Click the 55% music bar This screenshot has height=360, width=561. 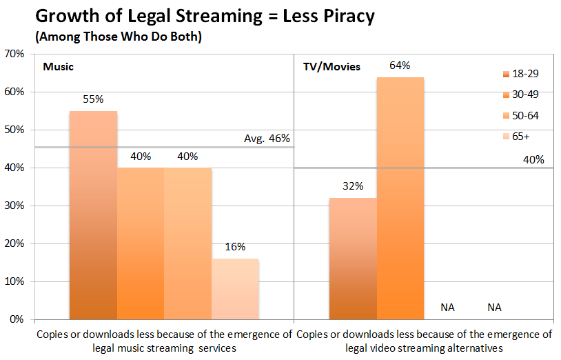[93, 214]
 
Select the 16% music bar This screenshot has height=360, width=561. [234, 289]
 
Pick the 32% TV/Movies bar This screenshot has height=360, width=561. [353, 259]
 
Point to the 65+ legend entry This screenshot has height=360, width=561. [521, 136]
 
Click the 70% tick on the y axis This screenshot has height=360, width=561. [14, 54]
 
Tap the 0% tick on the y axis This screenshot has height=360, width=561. [17, 320]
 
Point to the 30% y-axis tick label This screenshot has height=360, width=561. [14, 206]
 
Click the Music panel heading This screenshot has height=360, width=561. [58, 67]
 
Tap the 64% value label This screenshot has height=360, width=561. [400, 66]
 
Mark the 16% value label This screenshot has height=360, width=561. [234, 247]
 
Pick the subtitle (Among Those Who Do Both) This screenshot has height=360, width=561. [117, 37]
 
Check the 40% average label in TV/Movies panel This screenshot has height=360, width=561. [533, 159]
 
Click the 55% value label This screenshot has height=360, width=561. [93, 99]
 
